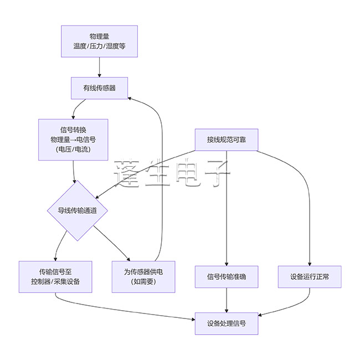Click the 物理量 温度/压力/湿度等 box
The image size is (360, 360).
click(99, 41)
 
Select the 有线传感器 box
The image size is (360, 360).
click(99, 88)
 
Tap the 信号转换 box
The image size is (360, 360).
click(74, 140)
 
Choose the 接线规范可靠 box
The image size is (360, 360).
click(227, 139)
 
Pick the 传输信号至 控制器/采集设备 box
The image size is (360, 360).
click(55, 276)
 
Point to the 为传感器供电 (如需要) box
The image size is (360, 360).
click(143, 276)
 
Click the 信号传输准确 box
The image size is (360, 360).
click(227, 276)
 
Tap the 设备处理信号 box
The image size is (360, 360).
click(227, 323)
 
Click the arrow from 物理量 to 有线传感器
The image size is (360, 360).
click(99, 67)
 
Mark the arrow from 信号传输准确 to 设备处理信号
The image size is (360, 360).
click(227, 300)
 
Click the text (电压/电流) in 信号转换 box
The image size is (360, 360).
click(74, 150)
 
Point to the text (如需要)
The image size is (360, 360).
click(143, 281)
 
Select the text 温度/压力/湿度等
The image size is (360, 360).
click(99, 46)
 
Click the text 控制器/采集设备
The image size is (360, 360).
click(55, 281)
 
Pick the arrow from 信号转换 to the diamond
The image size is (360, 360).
click(75, 172)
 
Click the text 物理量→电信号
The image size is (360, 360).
click(74, 140)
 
